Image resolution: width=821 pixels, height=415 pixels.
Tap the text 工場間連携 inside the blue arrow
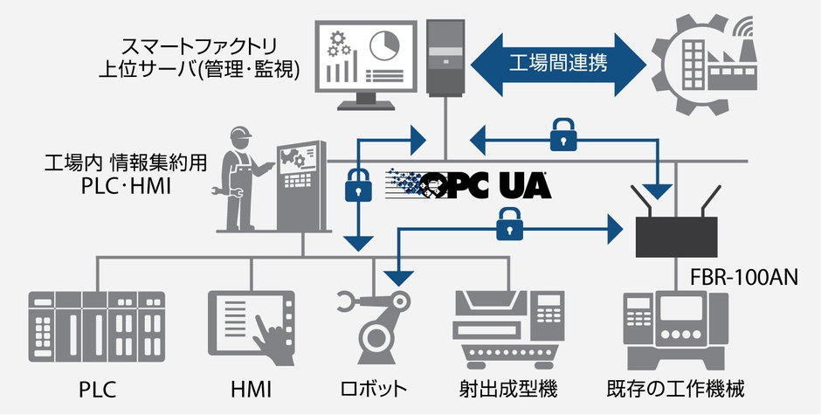click(x=559, y=62)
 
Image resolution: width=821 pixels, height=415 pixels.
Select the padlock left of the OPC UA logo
click(x=358, y=184)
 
